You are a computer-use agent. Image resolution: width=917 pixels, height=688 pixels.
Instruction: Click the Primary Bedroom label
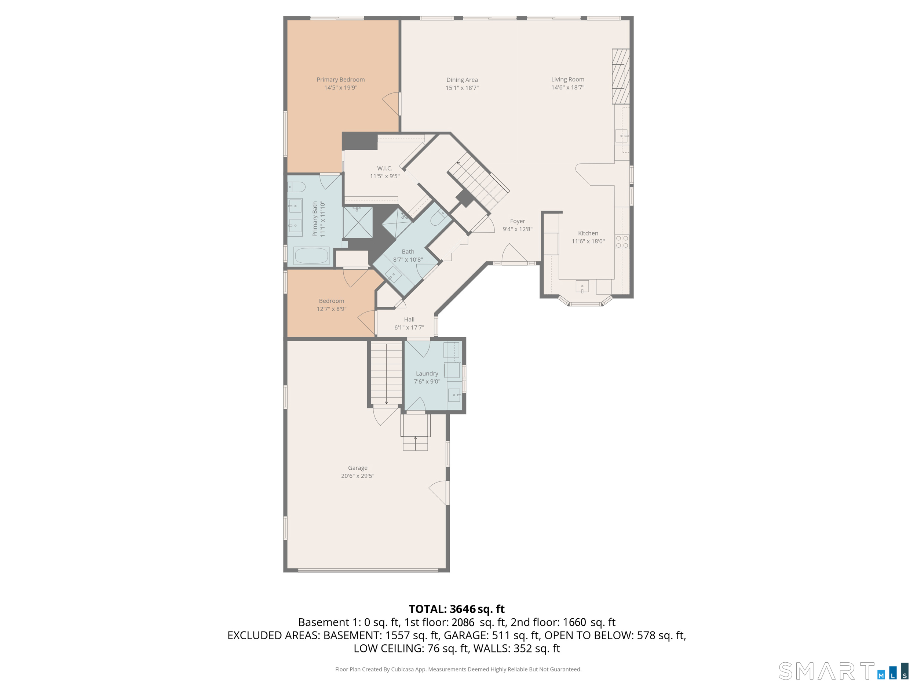(x=340, y=80)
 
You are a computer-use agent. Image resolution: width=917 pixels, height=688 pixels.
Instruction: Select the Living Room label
(x=567, y=79)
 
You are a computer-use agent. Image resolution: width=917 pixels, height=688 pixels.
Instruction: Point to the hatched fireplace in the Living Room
(x=621, y=76)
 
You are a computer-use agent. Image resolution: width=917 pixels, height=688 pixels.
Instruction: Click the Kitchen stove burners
(x=621, y=242)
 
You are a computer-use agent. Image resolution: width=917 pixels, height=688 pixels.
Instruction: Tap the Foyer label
(x=517, y=221)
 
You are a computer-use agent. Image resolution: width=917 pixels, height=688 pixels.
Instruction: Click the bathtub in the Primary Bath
(x=311, y=255)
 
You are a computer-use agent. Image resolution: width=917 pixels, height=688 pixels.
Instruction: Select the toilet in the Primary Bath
(x=296, y=187)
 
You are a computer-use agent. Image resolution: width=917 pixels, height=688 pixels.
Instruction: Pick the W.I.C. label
(x=384, y=168)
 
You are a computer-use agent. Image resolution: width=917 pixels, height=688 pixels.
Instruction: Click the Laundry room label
(x=427, y=374)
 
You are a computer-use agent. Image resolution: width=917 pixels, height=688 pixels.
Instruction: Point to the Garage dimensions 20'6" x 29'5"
(x=357, y=476)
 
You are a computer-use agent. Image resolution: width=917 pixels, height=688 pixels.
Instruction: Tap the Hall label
(x=409, y=319)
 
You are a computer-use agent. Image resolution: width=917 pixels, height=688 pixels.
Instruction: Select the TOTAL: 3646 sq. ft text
(x=456, y=609)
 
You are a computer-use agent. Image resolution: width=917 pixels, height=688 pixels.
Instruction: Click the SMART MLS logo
(x=843, y=671)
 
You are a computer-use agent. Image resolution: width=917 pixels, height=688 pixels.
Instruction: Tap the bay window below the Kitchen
(x=585, y=302)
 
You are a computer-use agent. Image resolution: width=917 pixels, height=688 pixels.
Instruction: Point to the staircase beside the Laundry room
(x=386, y=373)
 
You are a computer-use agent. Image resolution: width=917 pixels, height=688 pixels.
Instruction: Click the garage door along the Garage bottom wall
(x=368, y=571)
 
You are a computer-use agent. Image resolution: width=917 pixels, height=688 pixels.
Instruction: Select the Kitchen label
(x=588, y=233)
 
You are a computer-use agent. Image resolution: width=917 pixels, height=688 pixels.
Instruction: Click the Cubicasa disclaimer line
(x=458, y=669)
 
